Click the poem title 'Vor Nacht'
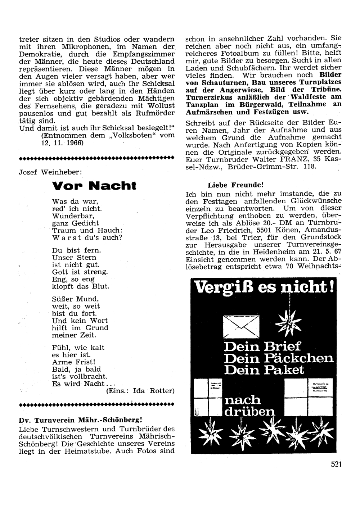[x=94, y=186]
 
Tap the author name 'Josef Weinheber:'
[x=50, y=172]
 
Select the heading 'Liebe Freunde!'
[x=236, y=185]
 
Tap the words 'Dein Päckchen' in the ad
[x=279, y=358]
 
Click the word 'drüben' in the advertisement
[x=249, y=411]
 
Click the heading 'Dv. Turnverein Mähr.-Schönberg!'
[x=83, y=420]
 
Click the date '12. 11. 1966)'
[x=62, y=143]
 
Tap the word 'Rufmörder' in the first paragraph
[x=156, y=113]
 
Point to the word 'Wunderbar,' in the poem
[x=73, y=216]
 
